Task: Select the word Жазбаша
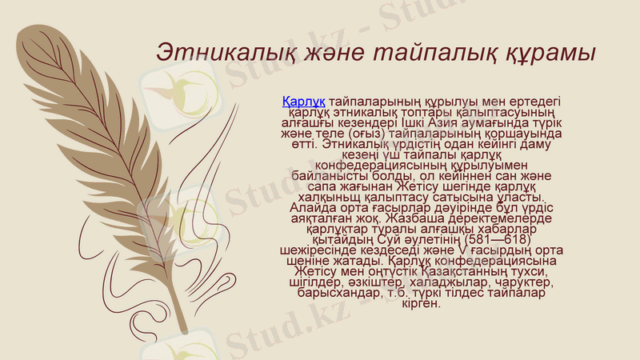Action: pyautogui.click(x=411, y=216)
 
